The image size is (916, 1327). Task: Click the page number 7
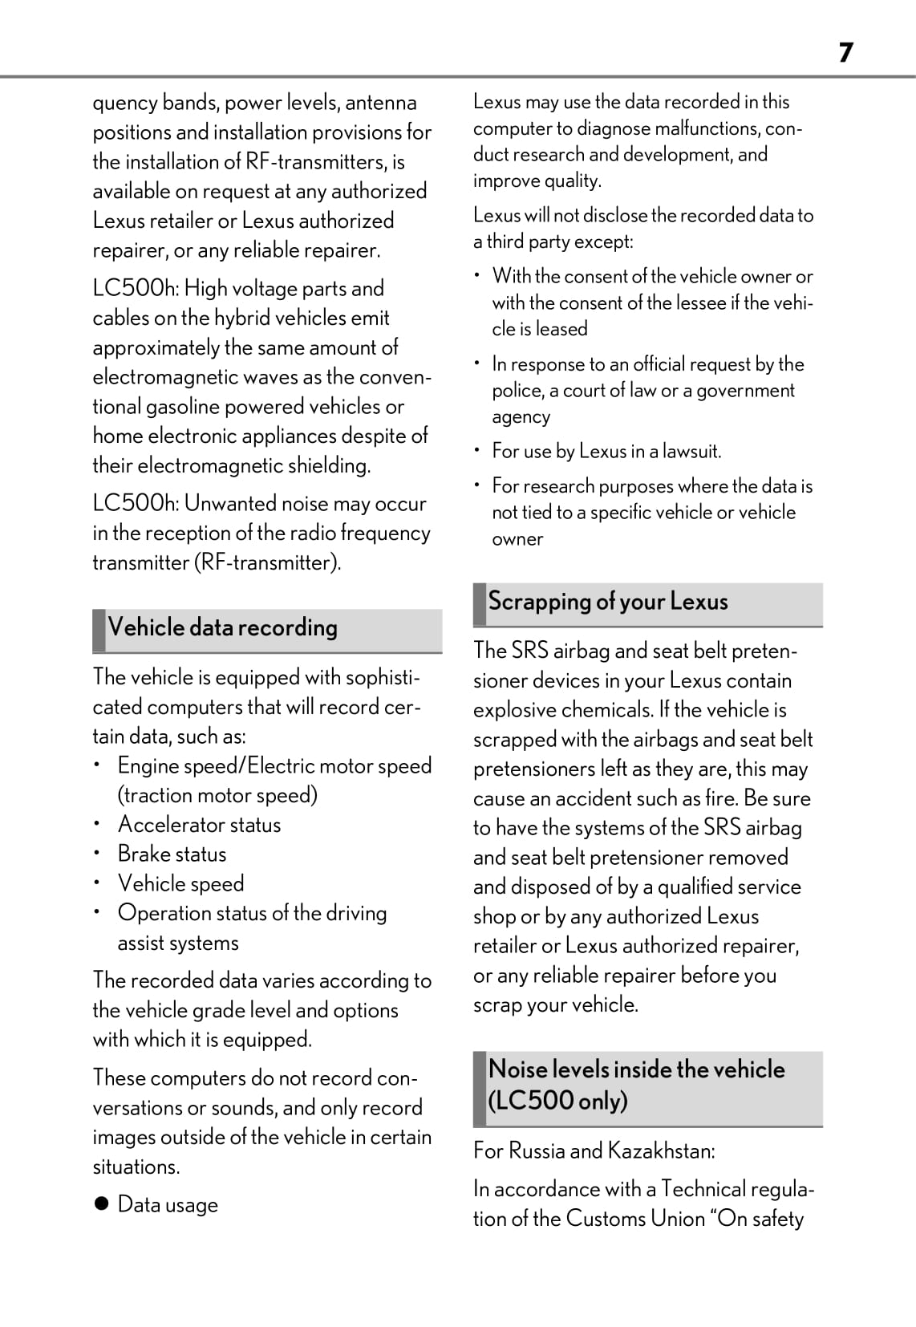coord(845,53)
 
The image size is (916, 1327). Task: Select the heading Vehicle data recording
coord(222,627)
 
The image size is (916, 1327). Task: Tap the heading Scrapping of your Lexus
coord(608,602)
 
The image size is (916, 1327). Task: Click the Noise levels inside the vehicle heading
coord(636,1069)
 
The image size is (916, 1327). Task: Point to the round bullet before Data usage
coord(101,1204)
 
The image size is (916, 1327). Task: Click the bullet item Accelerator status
coord(199,825)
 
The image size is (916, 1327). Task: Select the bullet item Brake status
coord(172,854)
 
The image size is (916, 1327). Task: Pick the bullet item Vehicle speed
coord(180,884)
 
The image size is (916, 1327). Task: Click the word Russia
coord(537,1151)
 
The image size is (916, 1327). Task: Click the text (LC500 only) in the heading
coord(557,1101)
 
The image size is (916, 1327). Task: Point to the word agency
coord(521,417)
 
